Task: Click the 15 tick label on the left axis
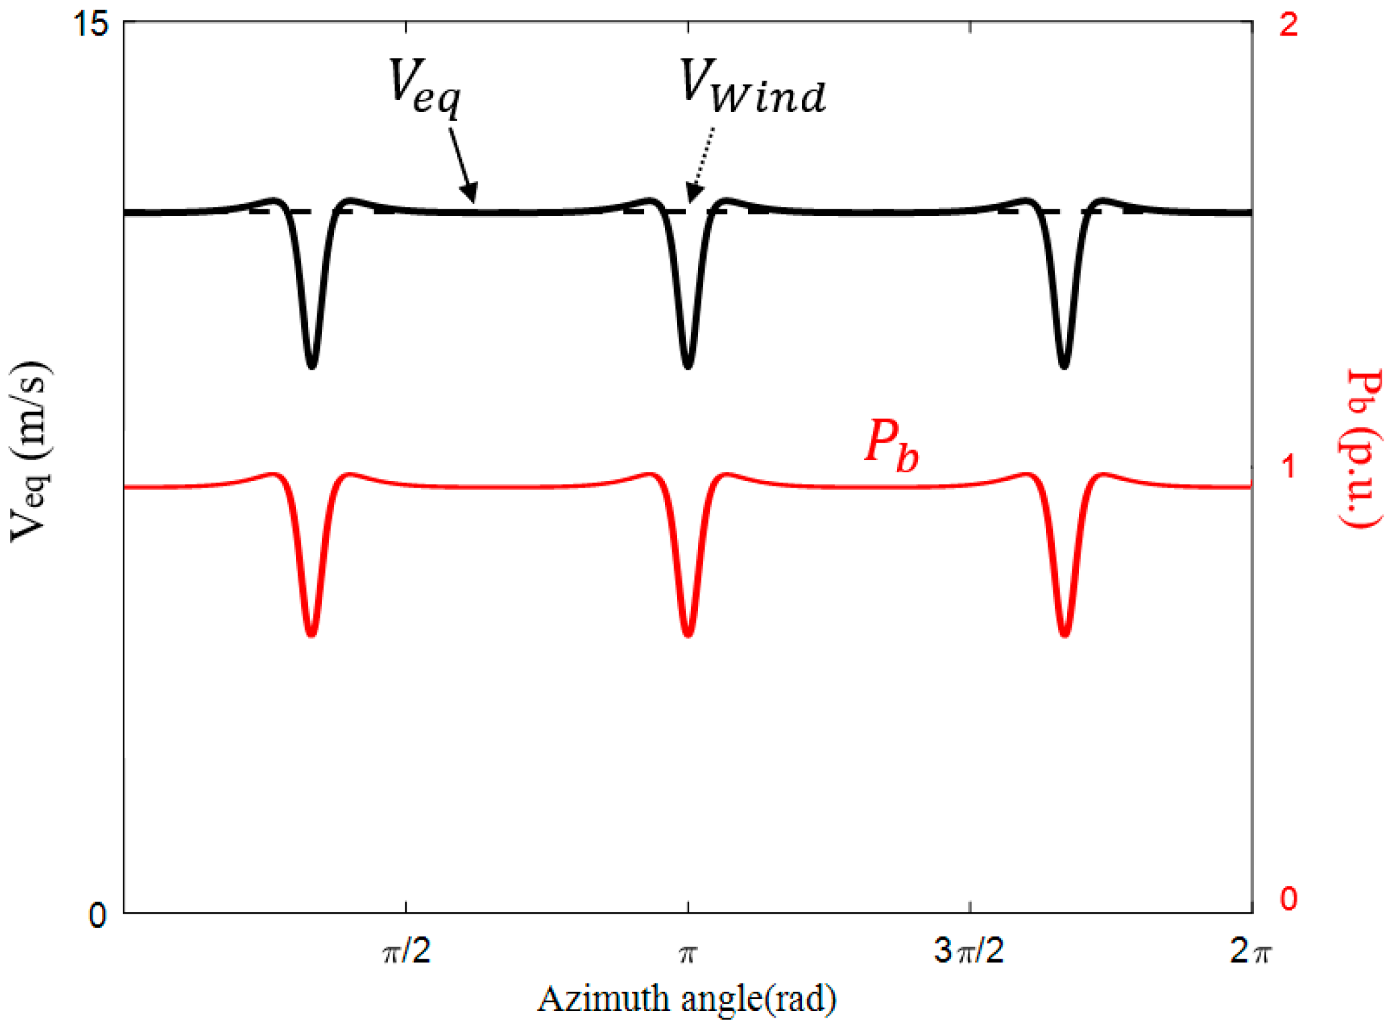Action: [91, 25]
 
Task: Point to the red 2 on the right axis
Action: [1288, 25]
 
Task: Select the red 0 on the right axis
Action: [1288, 899]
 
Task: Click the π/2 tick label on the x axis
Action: [407, 951]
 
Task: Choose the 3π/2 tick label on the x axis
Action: [969, 951]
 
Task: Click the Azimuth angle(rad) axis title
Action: [687, 999]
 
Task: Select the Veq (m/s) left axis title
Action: [30, 451]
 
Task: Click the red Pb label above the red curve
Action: [891, 445]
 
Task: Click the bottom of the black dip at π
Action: [688, 366]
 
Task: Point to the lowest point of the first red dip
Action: [311, 633]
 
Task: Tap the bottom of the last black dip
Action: [1064, 366]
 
